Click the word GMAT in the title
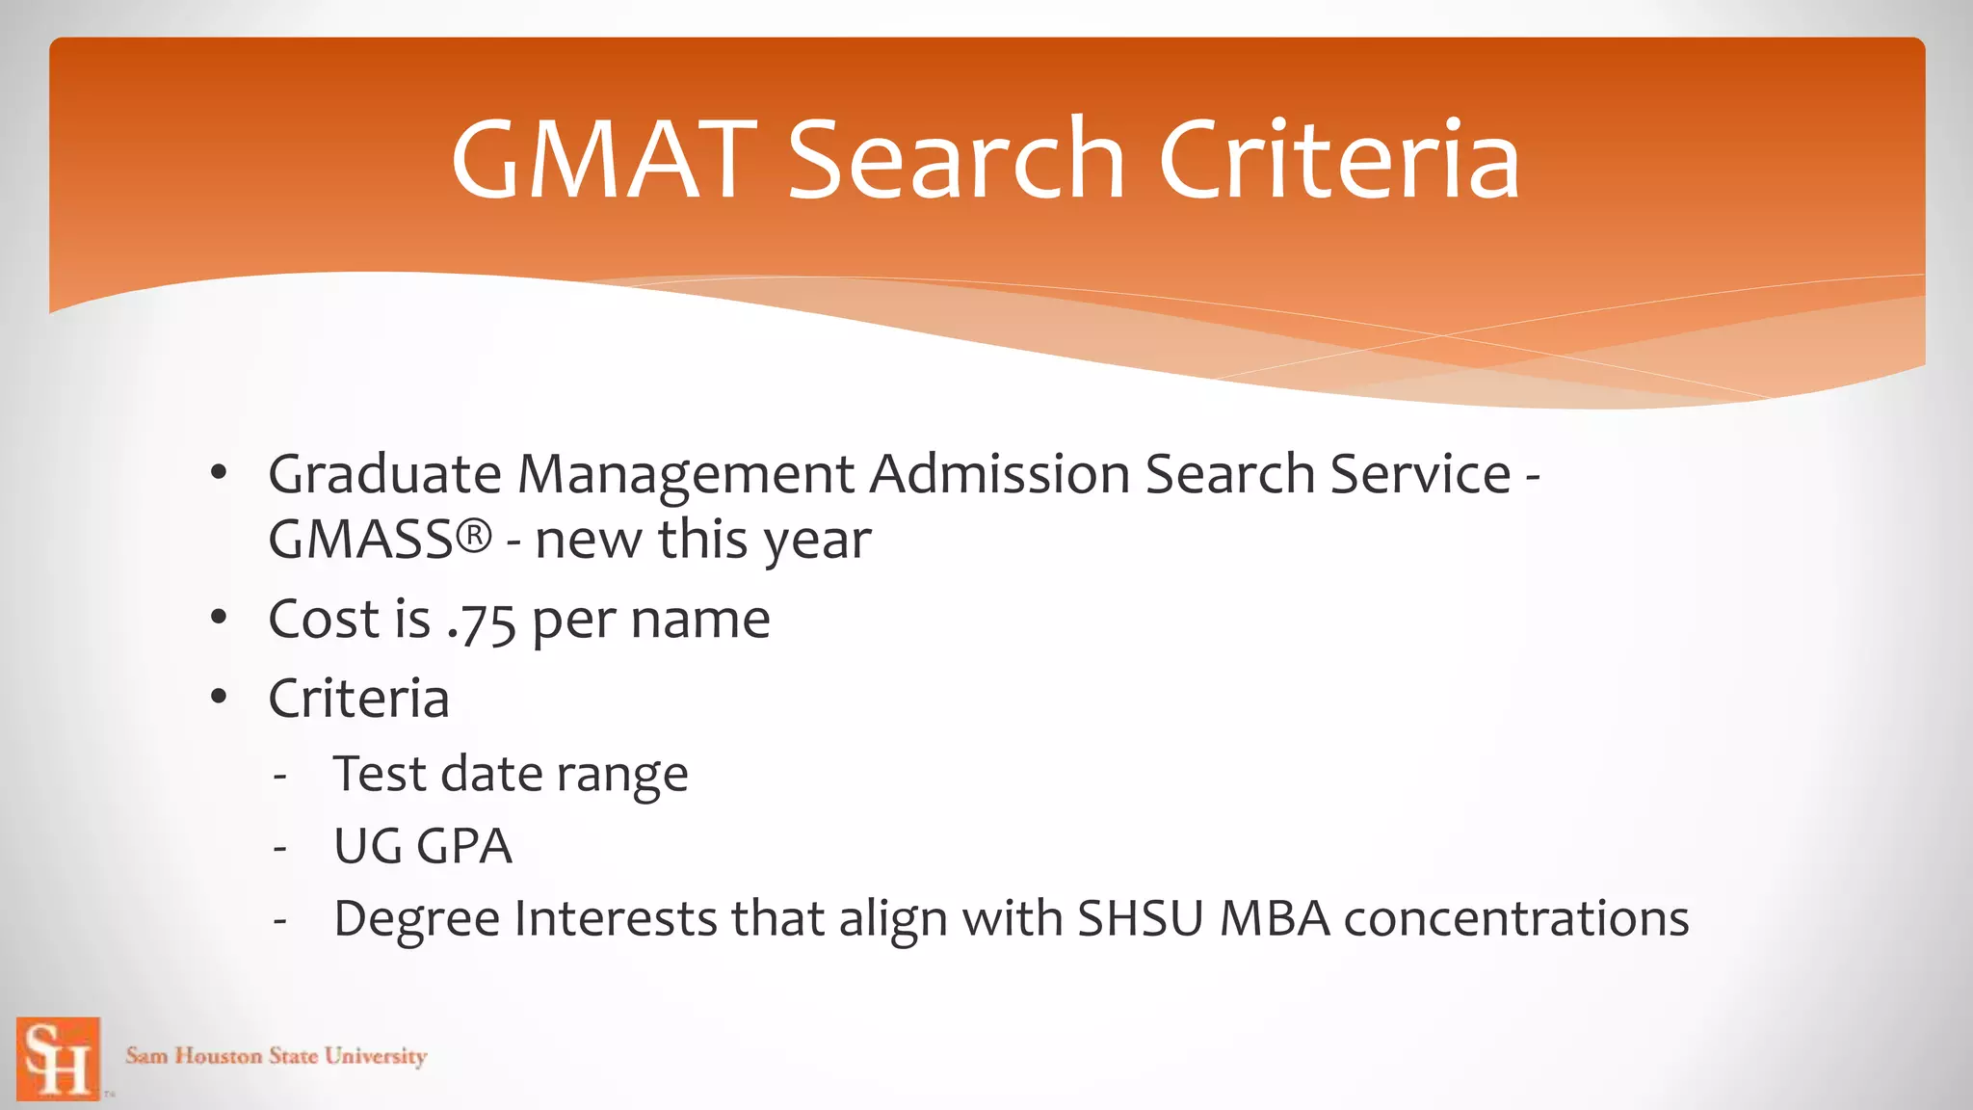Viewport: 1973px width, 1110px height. pyautogui.click(x=604, y=160)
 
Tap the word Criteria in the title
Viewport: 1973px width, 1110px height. pyautogui.click(x=1339, y=160)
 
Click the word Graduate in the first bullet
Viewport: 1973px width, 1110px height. pyautogui.click(x=384, y=475)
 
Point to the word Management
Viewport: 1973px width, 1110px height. pyautogui.click(x=686, y=475)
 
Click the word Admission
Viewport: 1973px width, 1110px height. pyautogui.click(x=999, y=475)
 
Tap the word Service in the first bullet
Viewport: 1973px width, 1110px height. pyautogui.click(x=1420, y=475)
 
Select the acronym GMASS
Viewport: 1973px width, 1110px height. pyautogui.click(x=360, y=540)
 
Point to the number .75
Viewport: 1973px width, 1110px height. pyautogui.click(x=482, y=621)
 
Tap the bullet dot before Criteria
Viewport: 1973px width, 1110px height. pyautogui.click(x=219, y=696)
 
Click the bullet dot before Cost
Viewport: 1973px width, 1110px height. pyautogui.click(x=219, y=617)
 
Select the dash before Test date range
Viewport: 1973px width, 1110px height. pyautogui.click(x=279, y=777)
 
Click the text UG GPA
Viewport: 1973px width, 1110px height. pyautogui.click(x=422, y=847)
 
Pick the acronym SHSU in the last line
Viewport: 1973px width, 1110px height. pyautogui.click(x=1140, y=919)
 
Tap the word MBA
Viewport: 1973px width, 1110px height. pyautogui.click(x=1275, y=919)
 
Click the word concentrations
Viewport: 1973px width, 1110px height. pyautogui.click(x=1515, y=919)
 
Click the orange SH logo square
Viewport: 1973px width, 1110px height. pyautogui.click(x=59, y=1058)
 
